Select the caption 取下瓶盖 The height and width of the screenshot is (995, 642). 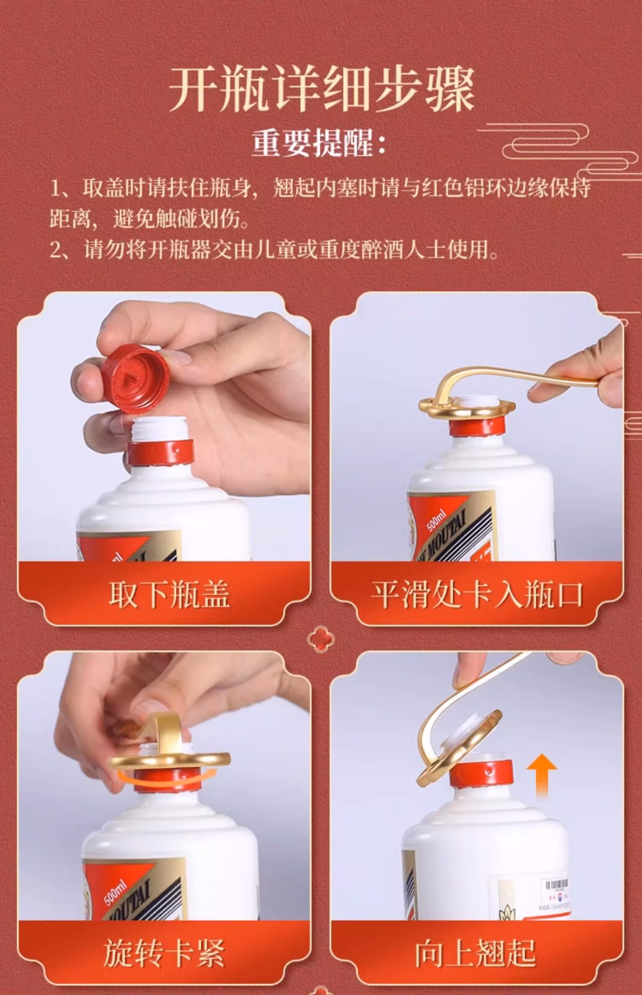(169, 595)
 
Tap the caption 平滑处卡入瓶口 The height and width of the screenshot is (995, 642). (477, 595)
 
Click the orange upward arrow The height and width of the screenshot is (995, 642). (541, 775)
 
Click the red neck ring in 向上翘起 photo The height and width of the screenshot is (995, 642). (481, 773)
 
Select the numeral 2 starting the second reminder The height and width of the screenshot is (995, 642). (55, 250)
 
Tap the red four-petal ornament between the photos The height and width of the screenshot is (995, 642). (321, 639)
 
